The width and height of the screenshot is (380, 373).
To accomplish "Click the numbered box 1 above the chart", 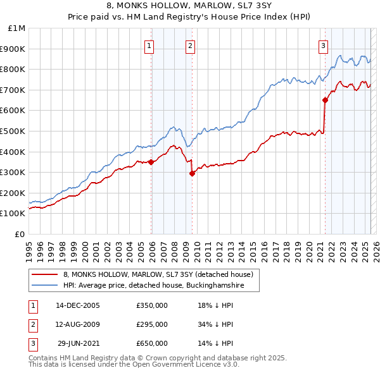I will click(x=149, y=45).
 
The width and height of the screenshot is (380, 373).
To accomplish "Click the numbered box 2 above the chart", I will click(x=190, y=45).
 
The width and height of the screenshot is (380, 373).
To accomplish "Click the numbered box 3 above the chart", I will click(x=323, y=45).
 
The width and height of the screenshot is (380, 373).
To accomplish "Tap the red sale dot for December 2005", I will click(x=151, y=162).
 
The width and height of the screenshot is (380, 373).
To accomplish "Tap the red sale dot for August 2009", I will click(x=192, y=173).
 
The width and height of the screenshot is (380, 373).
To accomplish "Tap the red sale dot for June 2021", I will click(x=325, y=100).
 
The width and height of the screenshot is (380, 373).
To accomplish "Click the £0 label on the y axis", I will click(x=20, y=234).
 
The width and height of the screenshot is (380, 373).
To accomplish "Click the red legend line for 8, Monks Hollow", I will click(x=45, y=274).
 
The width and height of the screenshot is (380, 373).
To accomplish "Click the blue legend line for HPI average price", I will click(x=45, y=286).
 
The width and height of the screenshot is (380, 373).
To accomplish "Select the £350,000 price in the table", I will click(x=152, y=305).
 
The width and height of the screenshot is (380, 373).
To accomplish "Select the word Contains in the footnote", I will click(x=44, y=358).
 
